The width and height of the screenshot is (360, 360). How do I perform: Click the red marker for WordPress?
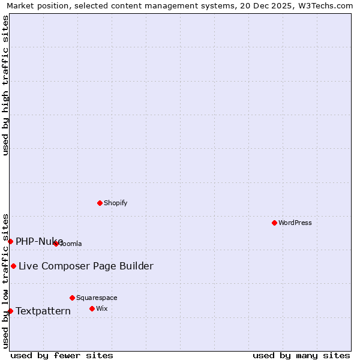click(274, 223)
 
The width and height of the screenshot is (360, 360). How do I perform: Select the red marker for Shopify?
click(100, 203)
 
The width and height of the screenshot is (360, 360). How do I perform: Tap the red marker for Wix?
click(92, 308)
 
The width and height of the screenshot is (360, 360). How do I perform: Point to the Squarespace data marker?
click(72, 298)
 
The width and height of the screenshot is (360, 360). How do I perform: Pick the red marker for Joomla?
click(56, 244)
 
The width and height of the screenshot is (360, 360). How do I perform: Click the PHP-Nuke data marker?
click(10, 241)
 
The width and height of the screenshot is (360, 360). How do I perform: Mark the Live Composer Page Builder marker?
click(13, 266)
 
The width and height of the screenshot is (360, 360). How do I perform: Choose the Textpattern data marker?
click(10, 311)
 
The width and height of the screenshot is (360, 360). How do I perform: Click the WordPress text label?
click(295, 223)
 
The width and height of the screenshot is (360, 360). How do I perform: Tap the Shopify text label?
click(116, 203)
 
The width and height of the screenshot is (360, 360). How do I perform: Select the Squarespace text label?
click(97, 298)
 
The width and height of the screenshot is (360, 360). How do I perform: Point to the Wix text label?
click(101, 308)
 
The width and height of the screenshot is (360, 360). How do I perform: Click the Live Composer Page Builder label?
click(86, 266)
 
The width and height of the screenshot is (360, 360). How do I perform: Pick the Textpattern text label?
click(43, 311)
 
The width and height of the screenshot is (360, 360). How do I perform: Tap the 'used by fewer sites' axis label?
click(62, 355)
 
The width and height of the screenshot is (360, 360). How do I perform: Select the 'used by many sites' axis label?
click(301, 355)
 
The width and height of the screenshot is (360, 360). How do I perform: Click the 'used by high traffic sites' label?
click(5, 85)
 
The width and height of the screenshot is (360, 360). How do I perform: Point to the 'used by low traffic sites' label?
click(5, 280)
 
